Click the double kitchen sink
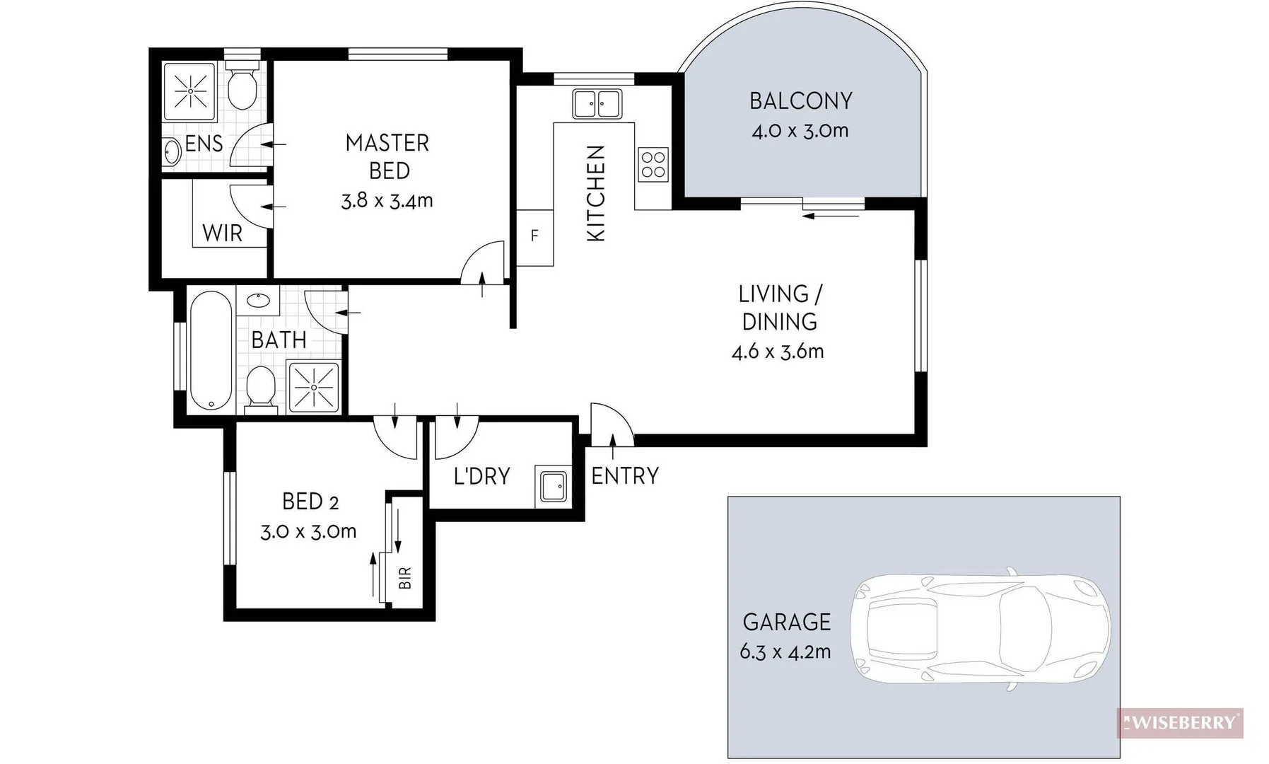(x=597, y=103)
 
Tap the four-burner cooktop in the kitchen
(x=653, y=164)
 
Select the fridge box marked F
(x=534, y=236)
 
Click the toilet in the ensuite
(x=243, y=88)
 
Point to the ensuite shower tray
(x=189, y=91)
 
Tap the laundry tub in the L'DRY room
(x=554, y=485)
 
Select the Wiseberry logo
(x=1180, y=723)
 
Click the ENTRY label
(x=625, y=476)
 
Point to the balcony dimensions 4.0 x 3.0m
(x=800, y=131)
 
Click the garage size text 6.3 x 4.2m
(x=785, y=652)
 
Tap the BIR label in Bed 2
(x=405, y=579)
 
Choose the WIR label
(x=222, y=233)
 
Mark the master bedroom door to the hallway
(x=484, y=263)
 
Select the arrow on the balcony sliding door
(x=831, y=215)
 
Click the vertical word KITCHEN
(x=597, y=193)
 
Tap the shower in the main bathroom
(x=313, y=386)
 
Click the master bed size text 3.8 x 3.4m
(x=387, y=201)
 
